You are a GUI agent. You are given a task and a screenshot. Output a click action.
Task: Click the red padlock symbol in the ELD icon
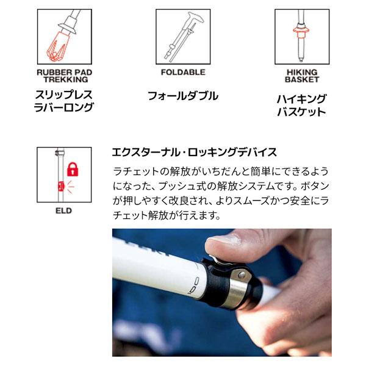click(73, 169)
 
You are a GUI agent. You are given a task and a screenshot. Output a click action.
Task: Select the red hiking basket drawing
click(301, 30)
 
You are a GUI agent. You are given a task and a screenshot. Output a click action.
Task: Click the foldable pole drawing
click(183, 37)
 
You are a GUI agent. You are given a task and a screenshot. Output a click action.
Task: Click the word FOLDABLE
click(183, 72)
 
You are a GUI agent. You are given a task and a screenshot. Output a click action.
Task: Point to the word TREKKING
click(66, 79)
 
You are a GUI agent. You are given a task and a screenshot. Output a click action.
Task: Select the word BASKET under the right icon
click(302, 79)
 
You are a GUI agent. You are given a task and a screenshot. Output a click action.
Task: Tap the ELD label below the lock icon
click(63, 211)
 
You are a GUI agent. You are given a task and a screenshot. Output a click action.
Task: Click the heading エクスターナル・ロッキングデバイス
click(194, 152)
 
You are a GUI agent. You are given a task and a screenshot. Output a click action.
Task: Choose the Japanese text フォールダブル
click(183, 96)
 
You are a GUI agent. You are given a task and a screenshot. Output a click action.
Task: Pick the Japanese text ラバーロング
click(63, 107)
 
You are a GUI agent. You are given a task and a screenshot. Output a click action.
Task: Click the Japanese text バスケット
click(301, 112)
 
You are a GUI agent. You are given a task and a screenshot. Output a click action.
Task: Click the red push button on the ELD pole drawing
click(60, 186)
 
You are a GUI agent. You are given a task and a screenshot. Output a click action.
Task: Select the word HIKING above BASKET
click(302, 73)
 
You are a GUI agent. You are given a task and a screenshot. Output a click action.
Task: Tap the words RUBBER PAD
click(65, 73)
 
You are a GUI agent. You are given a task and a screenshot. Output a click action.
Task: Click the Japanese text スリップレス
click(63, 95)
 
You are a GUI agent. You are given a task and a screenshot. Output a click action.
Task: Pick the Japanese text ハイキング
click(301, 99)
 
